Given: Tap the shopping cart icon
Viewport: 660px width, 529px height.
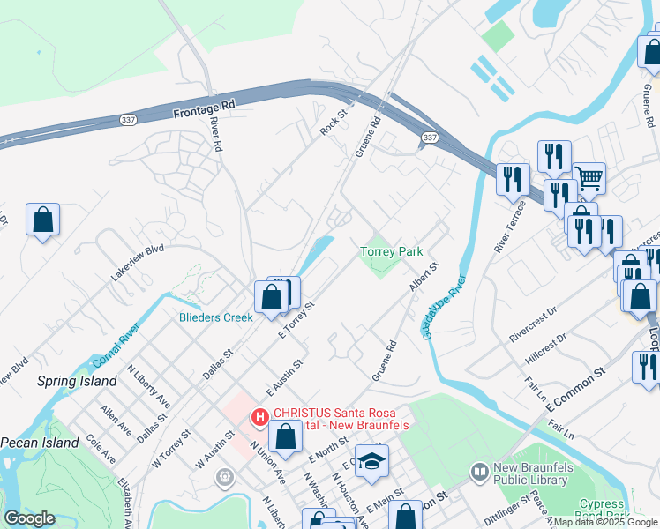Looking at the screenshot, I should click(x=589, y=178).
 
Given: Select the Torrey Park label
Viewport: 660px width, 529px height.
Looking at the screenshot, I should click(x=392, y=252).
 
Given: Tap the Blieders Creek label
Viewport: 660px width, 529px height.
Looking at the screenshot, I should click(x=215, y=317).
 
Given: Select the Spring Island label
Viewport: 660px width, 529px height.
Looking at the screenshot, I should click(x=77, y=381).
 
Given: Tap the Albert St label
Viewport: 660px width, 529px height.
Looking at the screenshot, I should click(x=423, y=277).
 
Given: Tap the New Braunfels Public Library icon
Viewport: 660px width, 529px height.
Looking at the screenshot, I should click(x=479, y=473).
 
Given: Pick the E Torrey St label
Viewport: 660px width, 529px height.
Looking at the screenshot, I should click(x=296, y=318).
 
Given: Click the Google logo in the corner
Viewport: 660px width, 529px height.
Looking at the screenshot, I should click(x=29, y=518).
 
